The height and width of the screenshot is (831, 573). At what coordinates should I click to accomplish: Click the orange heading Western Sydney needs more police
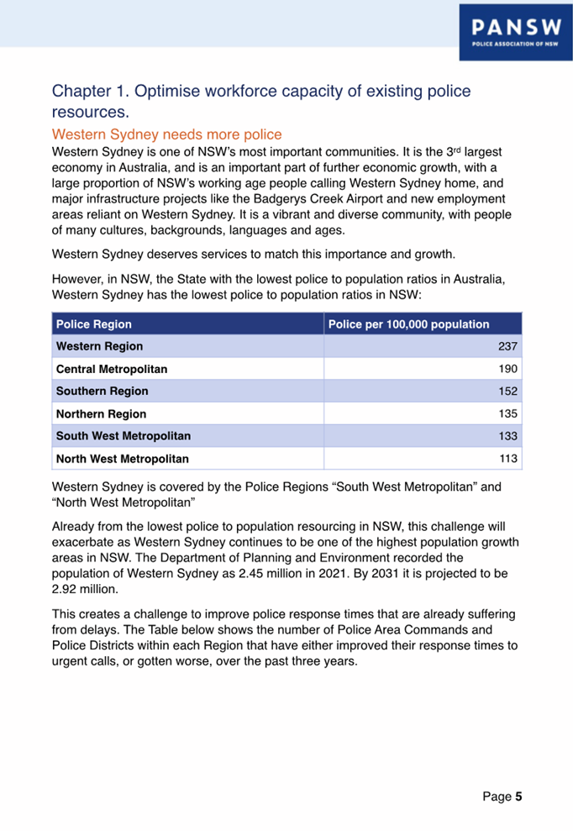point(166,134)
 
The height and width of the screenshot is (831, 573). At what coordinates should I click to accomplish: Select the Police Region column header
point(93,323)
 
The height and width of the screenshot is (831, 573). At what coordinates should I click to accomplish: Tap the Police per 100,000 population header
point(408,323)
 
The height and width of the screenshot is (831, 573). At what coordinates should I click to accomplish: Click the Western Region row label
point(98,346)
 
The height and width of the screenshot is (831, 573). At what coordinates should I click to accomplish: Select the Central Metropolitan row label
point(111,369)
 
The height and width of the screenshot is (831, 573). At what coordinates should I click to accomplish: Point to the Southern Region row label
point(102,391)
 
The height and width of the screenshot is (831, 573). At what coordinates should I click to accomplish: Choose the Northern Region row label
point(101,413)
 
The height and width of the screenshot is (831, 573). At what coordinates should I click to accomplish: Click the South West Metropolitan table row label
point(123,436)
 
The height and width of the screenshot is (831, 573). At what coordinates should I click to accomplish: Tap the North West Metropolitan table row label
point(122,459)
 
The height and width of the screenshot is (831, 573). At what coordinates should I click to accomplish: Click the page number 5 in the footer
point(519,796)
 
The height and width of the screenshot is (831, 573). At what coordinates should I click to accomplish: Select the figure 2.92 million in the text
point(85,590)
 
